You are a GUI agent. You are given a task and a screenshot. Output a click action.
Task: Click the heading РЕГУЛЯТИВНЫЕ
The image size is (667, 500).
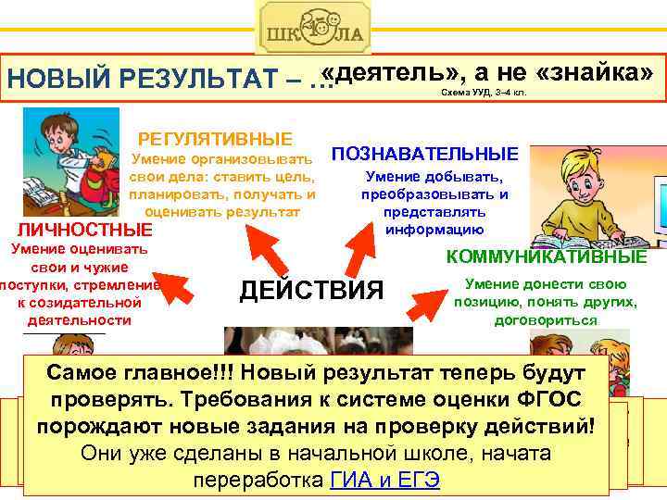click(x=215, y=139)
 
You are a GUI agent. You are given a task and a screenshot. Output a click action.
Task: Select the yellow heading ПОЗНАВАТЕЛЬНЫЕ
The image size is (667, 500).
click(x=425, y=153)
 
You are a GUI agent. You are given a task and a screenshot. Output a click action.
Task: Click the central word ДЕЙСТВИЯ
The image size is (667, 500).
click(x=310, y=291)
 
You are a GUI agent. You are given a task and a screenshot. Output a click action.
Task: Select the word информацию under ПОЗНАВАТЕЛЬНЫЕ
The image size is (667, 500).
click(x=434, y=229)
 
